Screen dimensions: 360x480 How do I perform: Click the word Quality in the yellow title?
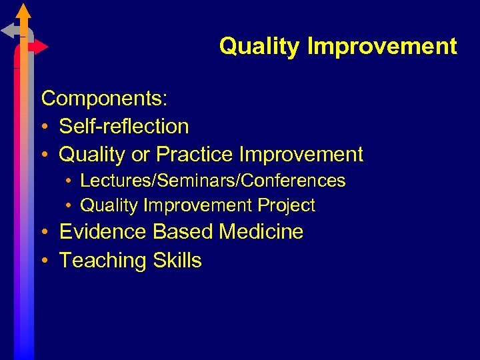(x=260, y=47)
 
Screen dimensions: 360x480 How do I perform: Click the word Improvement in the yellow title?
(x=382, y=47)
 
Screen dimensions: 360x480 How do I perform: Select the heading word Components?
(x=105, y=99)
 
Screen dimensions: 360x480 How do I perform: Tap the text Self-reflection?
(x=124, y=126)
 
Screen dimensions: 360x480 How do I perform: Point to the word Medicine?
(x=261, y=232)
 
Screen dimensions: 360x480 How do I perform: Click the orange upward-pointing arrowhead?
(x=24, y=11)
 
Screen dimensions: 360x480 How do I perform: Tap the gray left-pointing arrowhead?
(x=8, y=30)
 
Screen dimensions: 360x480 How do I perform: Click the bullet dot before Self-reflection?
(x=45, y=127)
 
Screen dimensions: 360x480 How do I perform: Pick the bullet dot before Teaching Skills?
(x=45, y=261)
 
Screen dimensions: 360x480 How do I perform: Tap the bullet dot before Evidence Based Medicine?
(x=45, y=233)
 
